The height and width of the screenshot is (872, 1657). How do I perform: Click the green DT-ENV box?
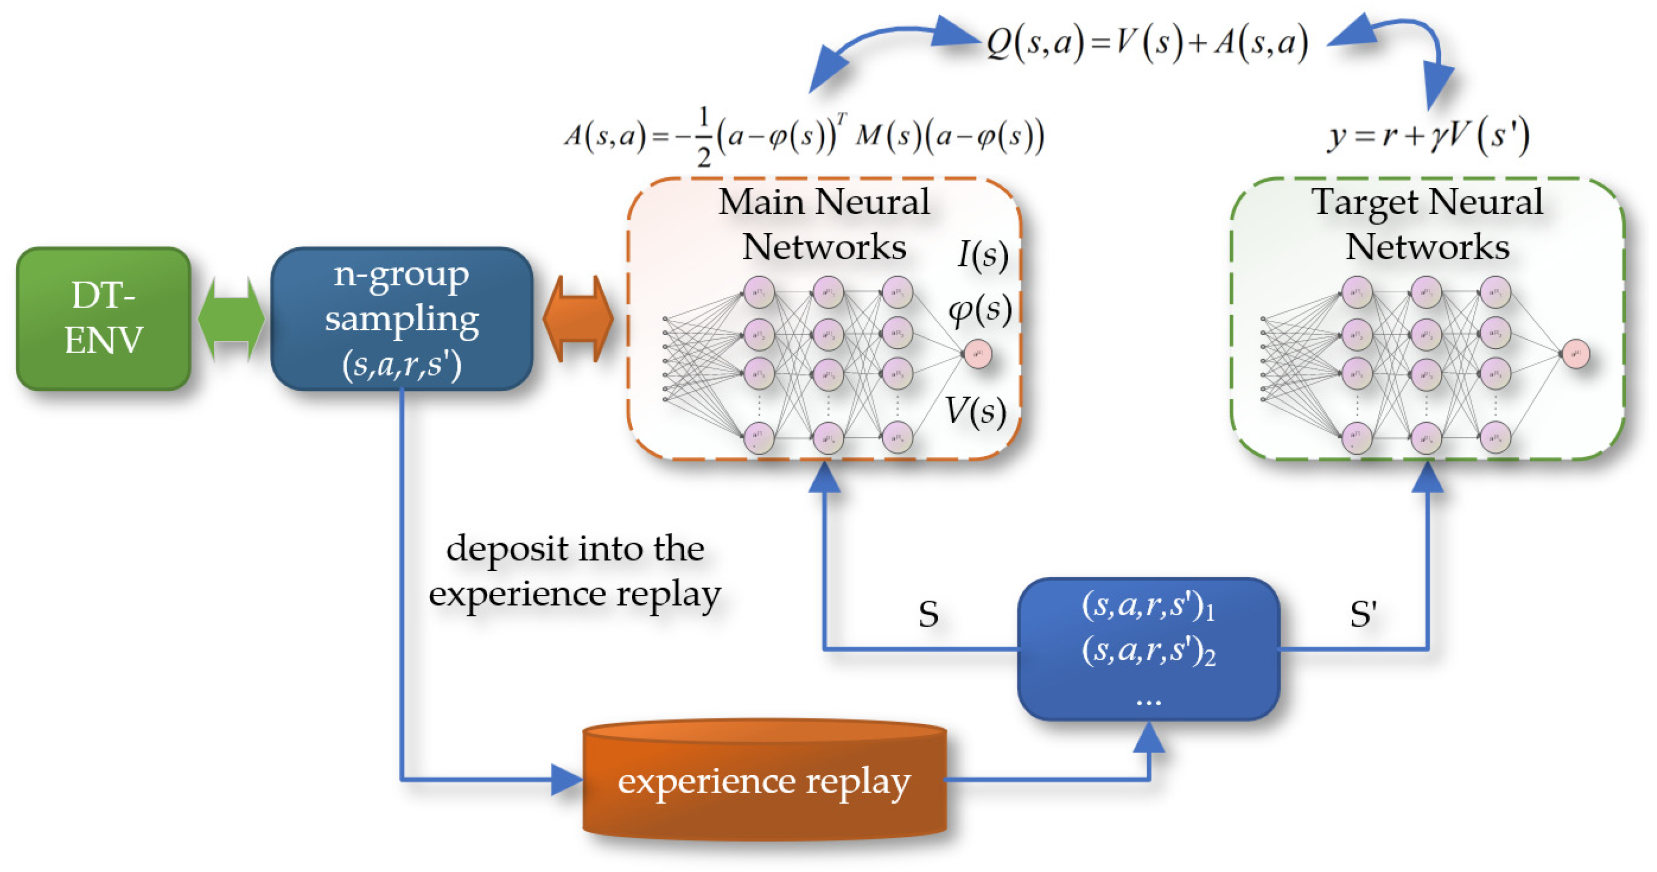click(104, 318)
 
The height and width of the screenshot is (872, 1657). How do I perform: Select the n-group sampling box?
click(401, 318)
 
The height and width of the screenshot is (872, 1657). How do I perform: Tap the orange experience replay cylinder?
click(764, 782)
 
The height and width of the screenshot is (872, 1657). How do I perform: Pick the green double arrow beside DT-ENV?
click(231, 318)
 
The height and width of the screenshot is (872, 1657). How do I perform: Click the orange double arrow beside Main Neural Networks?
click(578, 318)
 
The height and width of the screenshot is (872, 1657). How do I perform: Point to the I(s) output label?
click(982, 255)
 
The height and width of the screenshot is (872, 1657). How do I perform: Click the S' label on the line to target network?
click(1363, 614)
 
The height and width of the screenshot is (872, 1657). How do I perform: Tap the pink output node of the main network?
click(977, 353)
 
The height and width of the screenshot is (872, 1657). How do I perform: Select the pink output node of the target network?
click(1576, 353)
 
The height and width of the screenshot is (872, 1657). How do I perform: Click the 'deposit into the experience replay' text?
click(574, 571)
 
